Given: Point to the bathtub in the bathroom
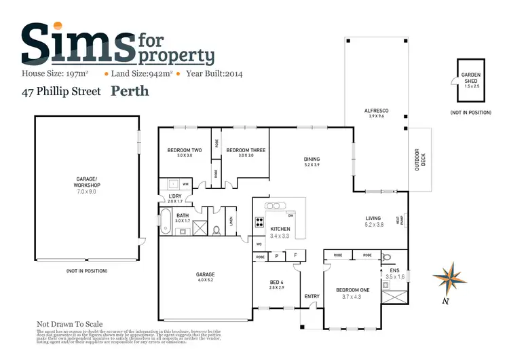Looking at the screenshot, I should pyautogui.click(x=166, y=221).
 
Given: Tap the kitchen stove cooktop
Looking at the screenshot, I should pyautogui.click(x=259, y=221).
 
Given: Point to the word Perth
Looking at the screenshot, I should pyautogui.click(x=130, y=90).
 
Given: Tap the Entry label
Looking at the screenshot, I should pyautogui.click(x=312, y=296).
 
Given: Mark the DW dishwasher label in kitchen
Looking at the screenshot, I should pyautogui.click(x=290, y=215).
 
